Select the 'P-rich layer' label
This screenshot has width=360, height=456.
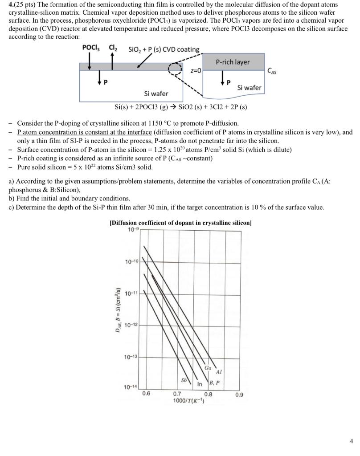(233, 62)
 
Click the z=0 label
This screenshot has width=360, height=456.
(196, 71)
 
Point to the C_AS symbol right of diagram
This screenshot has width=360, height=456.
(272, 70)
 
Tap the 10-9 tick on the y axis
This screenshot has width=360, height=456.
(133, 229)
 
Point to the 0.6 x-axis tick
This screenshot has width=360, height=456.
(146, 394)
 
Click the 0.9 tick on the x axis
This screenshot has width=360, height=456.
(239, 394)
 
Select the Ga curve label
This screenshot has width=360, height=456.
(208, 368)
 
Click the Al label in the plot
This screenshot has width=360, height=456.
(218, 372)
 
